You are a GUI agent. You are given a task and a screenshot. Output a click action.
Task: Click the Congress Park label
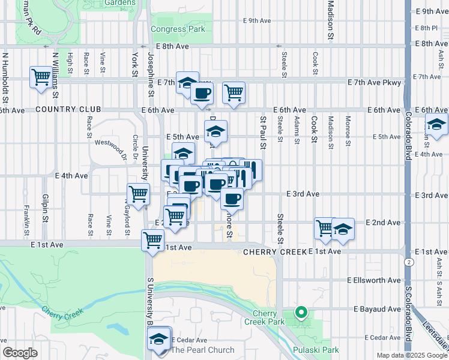click(178, 29)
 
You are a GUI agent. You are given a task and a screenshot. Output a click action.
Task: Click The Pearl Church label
click(203, 350)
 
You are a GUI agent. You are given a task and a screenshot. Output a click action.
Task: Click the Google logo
click(20, 353)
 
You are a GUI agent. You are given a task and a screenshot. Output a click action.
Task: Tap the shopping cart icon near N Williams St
click(41, 77)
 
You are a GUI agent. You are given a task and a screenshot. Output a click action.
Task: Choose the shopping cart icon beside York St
click(138, 194)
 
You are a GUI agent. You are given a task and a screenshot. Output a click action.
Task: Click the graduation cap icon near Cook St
click(343, 229)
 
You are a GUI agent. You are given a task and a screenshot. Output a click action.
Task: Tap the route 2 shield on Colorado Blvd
click(408, 262)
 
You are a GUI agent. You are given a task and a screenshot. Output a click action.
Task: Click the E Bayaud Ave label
click(376, 308)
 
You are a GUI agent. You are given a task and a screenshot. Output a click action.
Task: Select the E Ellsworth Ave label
click(373, 280)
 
